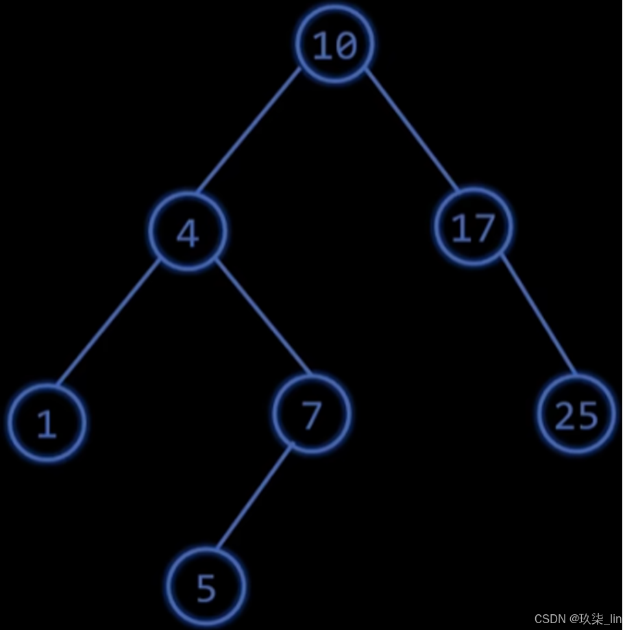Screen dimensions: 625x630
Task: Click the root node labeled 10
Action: coord(335,45)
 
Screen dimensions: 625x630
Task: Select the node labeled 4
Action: coord(188,233)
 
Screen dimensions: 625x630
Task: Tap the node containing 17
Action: coord(473,228)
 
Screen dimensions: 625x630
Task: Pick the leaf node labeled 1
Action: coord(47,423)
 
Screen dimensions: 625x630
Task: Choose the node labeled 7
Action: coord(311,414)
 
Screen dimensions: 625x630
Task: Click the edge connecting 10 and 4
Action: coord(249,130)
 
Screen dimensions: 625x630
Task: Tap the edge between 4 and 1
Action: coord(108,322)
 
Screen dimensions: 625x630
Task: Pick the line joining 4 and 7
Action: coord(264,318)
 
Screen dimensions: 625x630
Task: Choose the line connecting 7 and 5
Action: coord(254,496)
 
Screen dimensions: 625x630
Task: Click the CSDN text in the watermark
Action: coord(548,619)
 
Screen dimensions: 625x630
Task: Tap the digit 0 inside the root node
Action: coord(345,46)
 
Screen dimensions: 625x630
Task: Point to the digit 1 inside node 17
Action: coord(461,229)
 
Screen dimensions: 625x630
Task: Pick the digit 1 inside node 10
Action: coord(323,46)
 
